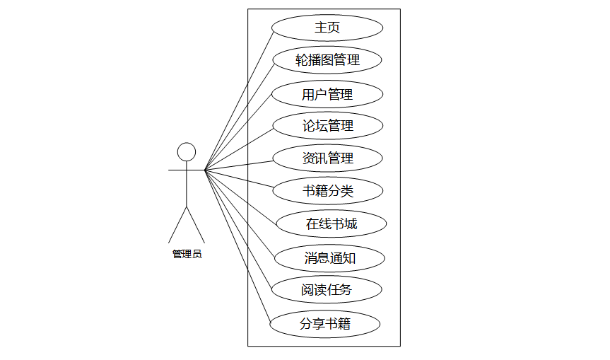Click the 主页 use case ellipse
click(327, 28)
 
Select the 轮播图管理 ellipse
click(327, 60)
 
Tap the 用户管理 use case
click(327, 93)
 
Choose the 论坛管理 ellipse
click(327, 126)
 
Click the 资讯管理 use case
click(327, 158)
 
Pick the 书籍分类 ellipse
click(327, 190)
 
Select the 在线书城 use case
click(331, 224)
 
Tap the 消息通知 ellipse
click(329, 258)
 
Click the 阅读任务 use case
click(327, 289)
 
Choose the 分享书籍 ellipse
click(325, 324)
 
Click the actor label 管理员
click(187, 254)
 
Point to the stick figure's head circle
click(186, 152)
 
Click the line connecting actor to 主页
click(237, 100)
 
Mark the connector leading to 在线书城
click(240, 196)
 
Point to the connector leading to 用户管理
click(239, 132)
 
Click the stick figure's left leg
click(177, 224)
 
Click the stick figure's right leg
click(195, 224)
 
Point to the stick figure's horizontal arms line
click(177, 170)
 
